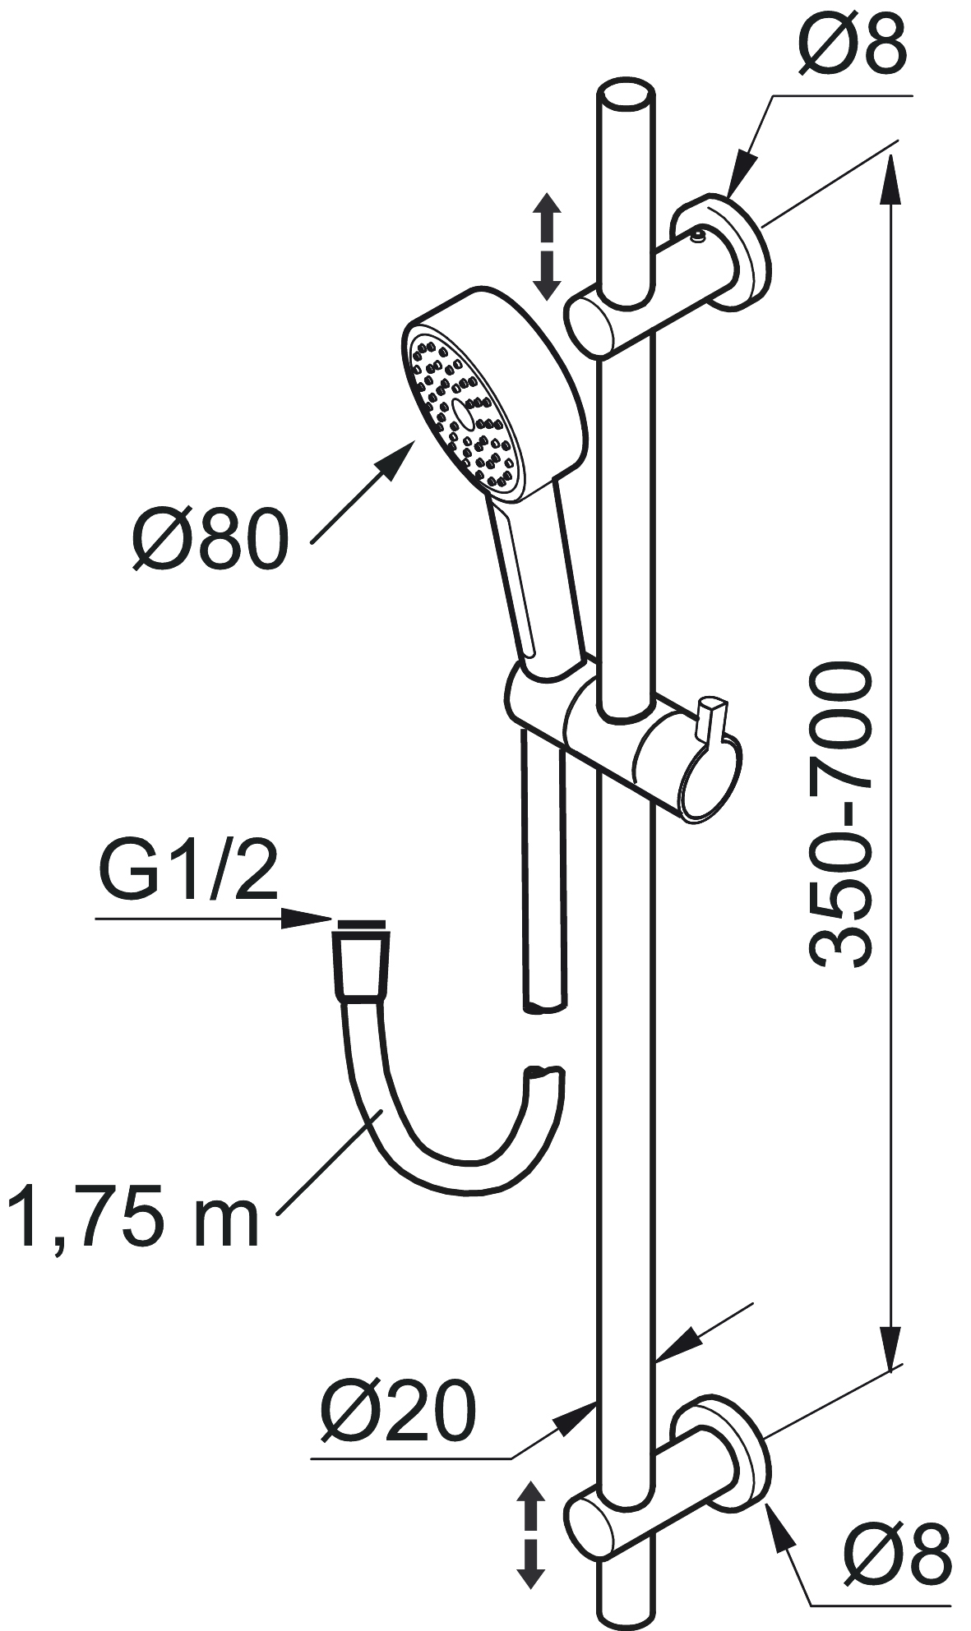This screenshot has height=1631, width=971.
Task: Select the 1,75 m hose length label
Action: click(x=132, y=1216)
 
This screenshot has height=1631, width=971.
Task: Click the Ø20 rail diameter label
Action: click(x=399, y=1409)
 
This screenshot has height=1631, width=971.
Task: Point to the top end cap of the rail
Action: click(x=626, y=96)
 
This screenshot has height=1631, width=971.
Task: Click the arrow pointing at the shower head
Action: click(x=363, y=492)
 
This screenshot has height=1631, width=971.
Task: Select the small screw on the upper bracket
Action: click(x=698, y=237)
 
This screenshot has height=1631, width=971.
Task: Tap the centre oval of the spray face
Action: click(x=462, y=415)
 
